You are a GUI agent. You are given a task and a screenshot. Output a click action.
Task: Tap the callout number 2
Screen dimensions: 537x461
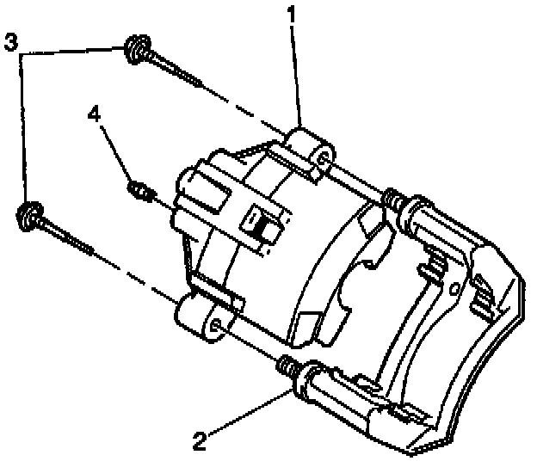click(200, 442)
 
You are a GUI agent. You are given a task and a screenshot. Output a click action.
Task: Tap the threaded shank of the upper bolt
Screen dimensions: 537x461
click(176, 71)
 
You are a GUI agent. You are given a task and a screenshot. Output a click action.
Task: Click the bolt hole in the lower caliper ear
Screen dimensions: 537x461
click(215, 326)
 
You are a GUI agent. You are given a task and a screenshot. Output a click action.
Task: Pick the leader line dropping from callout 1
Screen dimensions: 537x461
click(296, 77)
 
